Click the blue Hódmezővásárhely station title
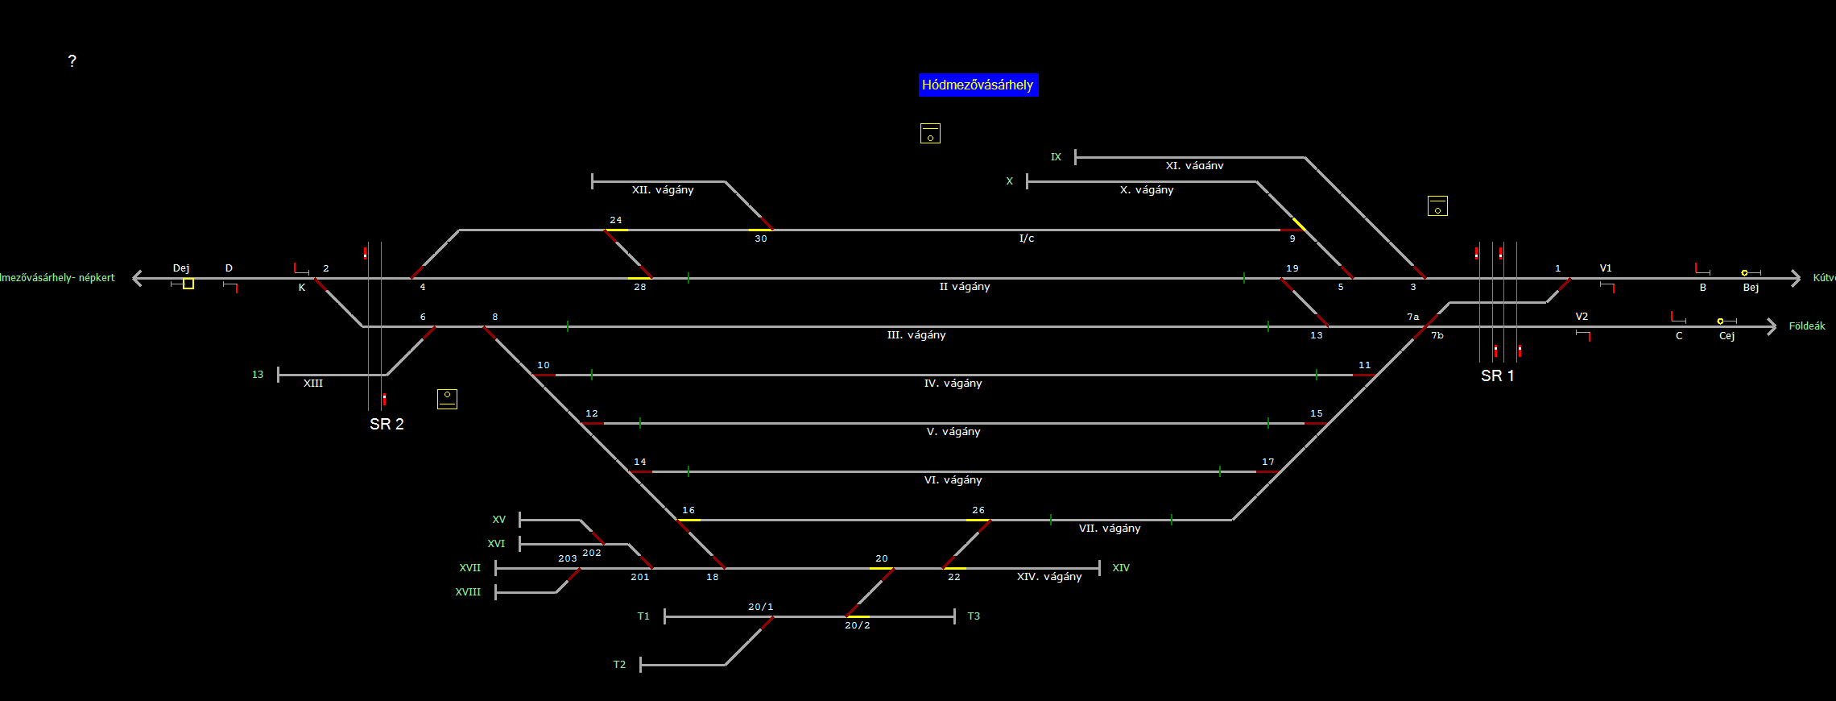pyautogui.click(x=978, y=85)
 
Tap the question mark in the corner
pyautogui.click(x=72, y=61)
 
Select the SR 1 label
pyautogui.click(x=1497, y=376)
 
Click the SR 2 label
pyautogui.click(x=387, y=425)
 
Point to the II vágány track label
pyautogui.click(x=965, y=287)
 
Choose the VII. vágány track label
pyautogui.click(x=1110, y=529)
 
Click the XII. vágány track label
pyautogui.click(x=663, y=190)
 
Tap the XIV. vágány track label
pyautogui.click(x=1049, y=577)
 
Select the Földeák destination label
pyautogui.click(x=1807, y=326)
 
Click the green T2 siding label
pyautogui.click(x=619, y=665)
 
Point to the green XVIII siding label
pyautogui.click(x=468, y=592)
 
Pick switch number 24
pyautogui.click(x=616, y=220)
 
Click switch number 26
pyautogui.click(x=978, y=510)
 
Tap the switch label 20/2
pyautogui.click(x=858, y=625)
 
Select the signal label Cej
pyautogui.click(x=1726, y=336)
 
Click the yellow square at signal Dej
pyautogui.click(x=188, y=284)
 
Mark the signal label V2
pyautogui.click(x=1582, y=317)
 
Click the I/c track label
pyautogui.click(x=1027, y=239)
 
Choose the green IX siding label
pyautogui.click(x=1056, y=157)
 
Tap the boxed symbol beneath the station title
pyautogui.click(x=930, y=134)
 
